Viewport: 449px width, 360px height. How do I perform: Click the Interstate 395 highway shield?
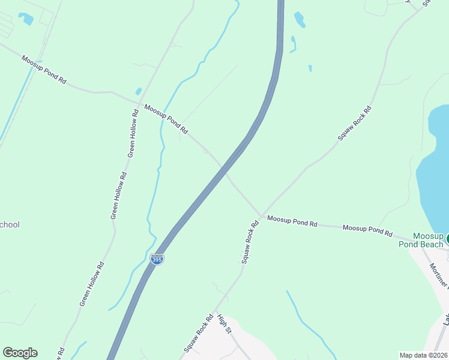click(x=157, y=259)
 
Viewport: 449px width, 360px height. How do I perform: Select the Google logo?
click(x=20, y=353)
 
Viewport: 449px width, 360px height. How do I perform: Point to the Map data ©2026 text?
click(x=423, y=355)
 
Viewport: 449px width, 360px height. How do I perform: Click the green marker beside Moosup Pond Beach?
click(x=447, y=238)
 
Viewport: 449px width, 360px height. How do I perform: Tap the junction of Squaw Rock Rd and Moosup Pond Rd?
click(x=261, y=217)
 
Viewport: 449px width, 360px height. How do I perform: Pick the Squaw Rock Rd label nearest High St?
click(x=199, y=333)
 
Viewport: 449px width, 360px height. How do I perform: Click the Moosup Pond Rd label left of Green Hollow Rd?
click(x=43, y=69)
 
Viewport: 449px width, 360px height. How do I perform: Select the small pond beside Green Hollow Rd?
click(x=139, y=91)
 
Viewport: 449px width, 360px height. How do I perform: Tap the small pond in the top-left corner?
click(x=26, y=19)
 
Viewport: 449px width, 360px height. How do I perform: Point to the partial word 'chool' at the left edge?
click(x=10, y=225)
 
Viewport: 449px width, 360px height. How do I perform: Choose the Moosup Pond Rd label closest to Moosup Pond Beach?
click(x=367, y=230)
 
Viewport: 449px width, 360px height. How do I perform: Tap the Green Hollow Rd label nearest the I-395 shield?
click(x=92, y=283)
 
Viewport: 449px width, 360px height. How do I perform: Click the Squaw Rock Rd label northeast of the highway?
click(x=354, y=123)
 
